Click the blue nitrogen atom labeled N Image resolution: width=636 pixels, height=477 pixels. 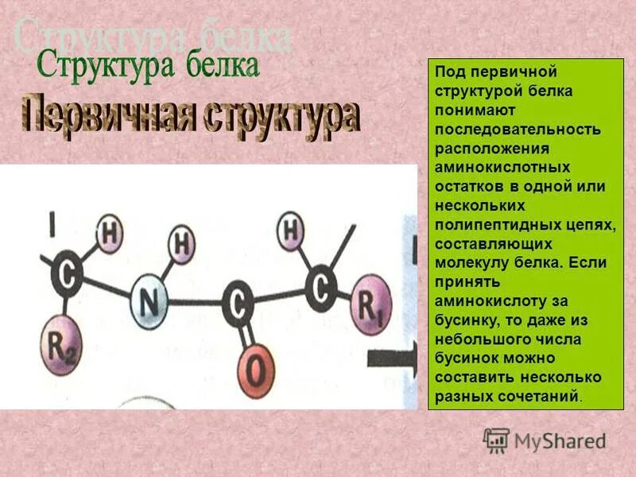coord(149,301)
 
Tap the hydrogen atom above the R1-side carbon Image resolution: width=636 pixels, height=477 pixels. coord(293,231)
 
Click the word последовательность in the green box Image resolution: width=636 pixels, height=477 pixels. coord(518,129)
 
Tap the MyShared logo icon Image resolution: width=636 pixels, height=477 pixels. coord(496,440)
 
